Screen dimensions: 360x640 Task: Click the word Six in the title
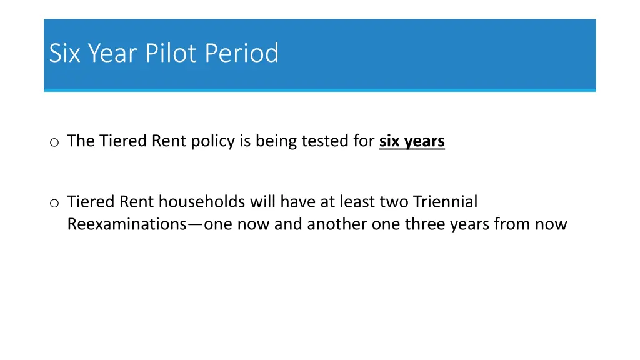point(66,53)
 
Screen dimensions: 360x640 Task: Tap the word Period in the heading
point(242,53)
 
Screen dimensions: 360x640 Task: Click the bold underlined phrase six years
point(412,141)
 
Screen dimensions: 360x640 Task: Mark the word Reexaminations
point(123,224)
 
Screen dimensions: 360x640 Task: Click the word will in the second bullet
point(262,202)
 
